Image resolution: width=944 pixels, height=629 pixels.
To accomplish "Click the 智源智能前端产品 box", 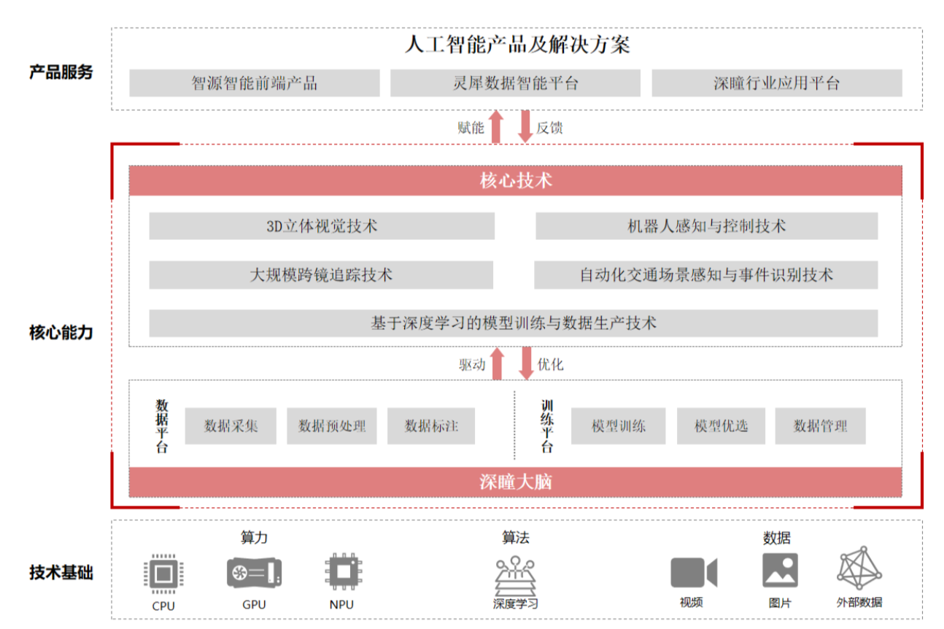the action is [x=255, y=83].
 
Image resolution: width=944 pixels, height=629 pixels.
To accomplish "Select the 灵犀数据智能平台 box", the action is [x=516, y=83].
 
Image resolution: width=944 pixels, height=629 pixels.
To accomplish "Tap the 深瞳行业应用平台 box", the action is [x=777, y=83].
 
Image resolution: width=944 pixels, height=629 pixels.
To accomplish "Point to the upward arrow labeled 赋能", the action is [x=497, y=126].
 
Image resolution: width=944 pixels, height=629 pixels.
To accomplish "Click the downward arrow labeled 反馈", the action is [x=525, y=126].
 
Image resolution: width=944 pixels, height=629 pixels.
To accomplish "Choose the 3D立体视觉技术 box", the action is [x=322, y=226].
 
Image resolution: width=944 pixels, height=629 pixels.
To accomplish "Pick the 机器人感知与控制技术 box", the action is [x=707, y=226].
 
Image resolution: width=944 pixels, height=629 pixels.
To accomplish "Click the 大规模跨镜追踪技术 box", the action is [x=321, y=275].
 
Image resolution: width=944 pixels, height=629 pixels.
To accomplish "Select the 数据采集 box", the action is [x=231, y=426].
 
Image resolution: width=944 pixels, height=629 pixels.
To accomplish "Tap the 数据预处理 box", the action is [x=332, y=426].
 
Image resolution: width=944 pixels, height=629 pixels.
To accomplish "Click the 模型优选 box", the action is [x=721, y=426].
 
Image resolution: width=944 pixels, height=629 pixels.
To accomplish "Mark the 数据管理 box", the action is [x=820, y=426].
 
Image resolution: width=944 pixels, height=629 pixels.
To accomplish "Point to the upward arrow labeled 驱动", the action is [x=498, y=363].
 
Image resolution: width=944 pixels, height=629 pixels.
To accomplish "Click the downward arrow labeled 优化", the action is [x=526, y=363].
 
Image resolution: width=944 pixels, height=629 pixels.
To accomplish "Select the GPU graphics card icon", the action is [x=254, y=573].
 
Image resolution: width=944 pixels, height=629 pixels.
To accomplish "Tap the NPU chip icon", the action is [x=344, y=571].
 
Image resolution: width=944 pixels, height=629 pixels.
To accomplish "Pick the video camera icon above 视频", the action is [x=694, y=572].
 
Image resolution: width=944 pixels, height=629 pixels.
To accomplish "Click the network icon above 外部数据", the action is [x=859, y=568].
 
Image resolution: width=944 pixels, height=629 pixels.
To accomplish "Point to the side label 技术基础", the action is [x=61, y=573].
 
